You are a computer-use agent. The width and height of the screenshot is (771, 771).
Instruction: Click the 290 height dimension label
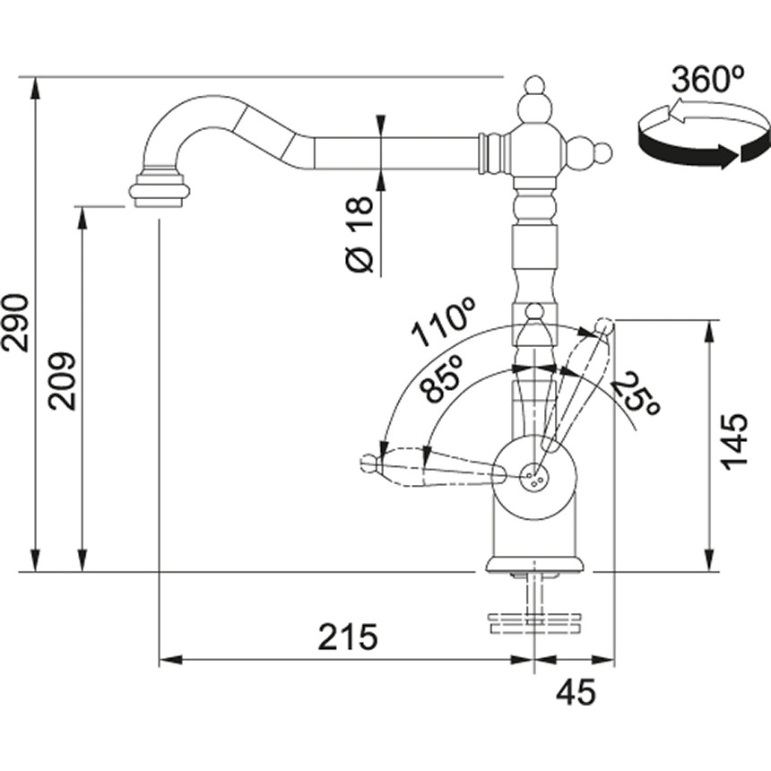tap(14, 323)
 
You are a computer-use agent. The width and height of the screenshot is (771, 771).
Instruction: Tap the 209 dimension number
tap(62, 381)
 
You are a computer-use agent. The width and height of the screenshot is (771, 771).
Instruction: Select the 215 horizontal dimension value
tap(348, 637)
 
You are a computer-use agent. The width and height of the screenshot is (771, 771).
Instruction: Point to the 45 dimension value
tap(576, 692)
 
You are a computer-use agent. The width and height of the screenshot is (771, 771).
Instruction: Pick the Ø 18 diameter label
tap(360, 234)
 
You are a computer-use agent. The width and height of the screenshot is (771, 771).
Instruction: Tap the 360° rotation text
tap(707, 79)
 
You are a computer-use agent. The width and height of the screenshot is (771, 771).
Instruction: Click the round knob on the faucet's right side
tap(602, 152)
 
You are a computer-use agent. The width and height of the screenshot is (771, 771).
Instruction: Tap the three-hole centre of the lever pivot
tap(534, 477)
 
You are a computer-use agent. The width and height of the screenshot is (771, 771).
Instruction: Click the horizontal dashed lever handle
tap(433, 466)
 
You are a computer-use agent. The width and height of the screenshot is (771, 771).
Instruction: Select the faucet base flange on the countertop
tap(534, 565)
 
